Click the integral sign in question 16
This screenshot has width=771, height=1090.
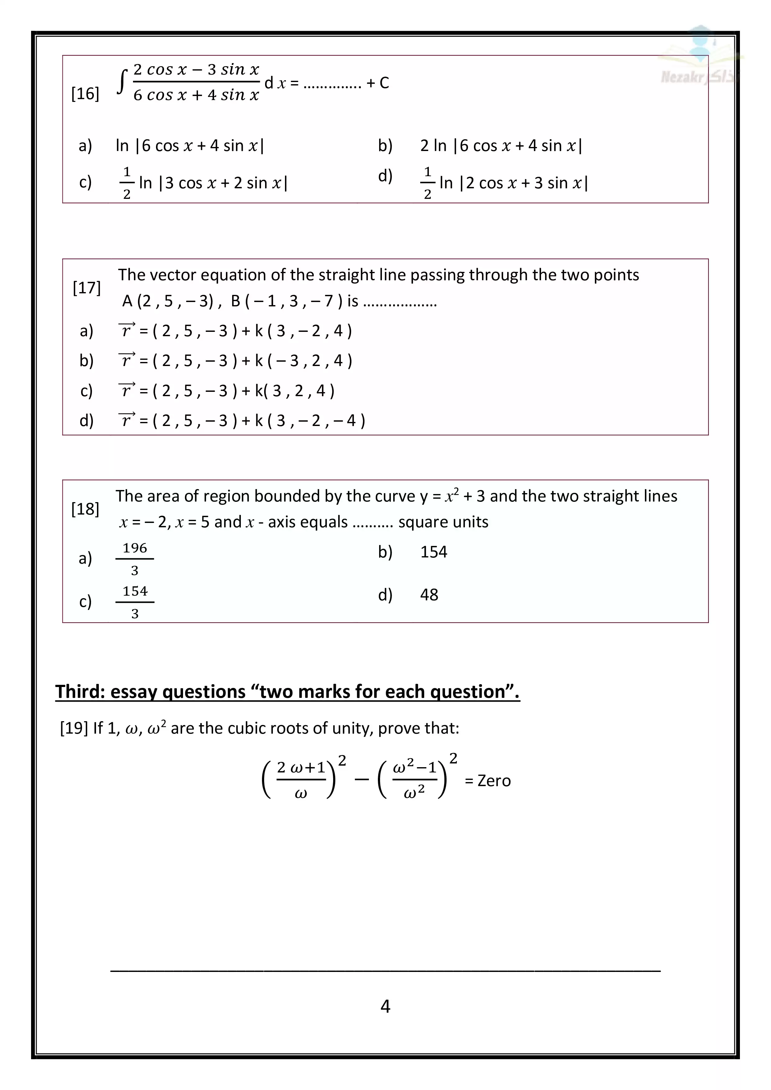tap(122, 82)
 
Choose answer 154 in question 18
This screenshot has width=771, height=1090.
tap(434, 552)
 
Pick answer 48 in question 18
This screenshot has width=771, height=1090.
tap(429, 595)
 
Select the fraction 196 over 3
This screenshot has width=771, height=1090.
tap(135, 559)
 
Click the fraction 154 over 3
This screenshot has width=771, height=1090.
tap(135, 602)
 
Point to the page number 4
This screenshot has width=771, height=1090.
tap(385, 1006)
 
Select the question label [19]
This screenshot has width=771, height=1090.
tap(74, 728)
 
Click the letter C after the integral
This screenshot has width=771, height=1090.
tap(384, 83)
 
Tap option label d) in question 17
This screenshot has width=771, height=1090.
tap(86, 421)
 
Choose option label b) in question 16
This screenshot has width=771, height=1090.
tap(385, 145)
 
